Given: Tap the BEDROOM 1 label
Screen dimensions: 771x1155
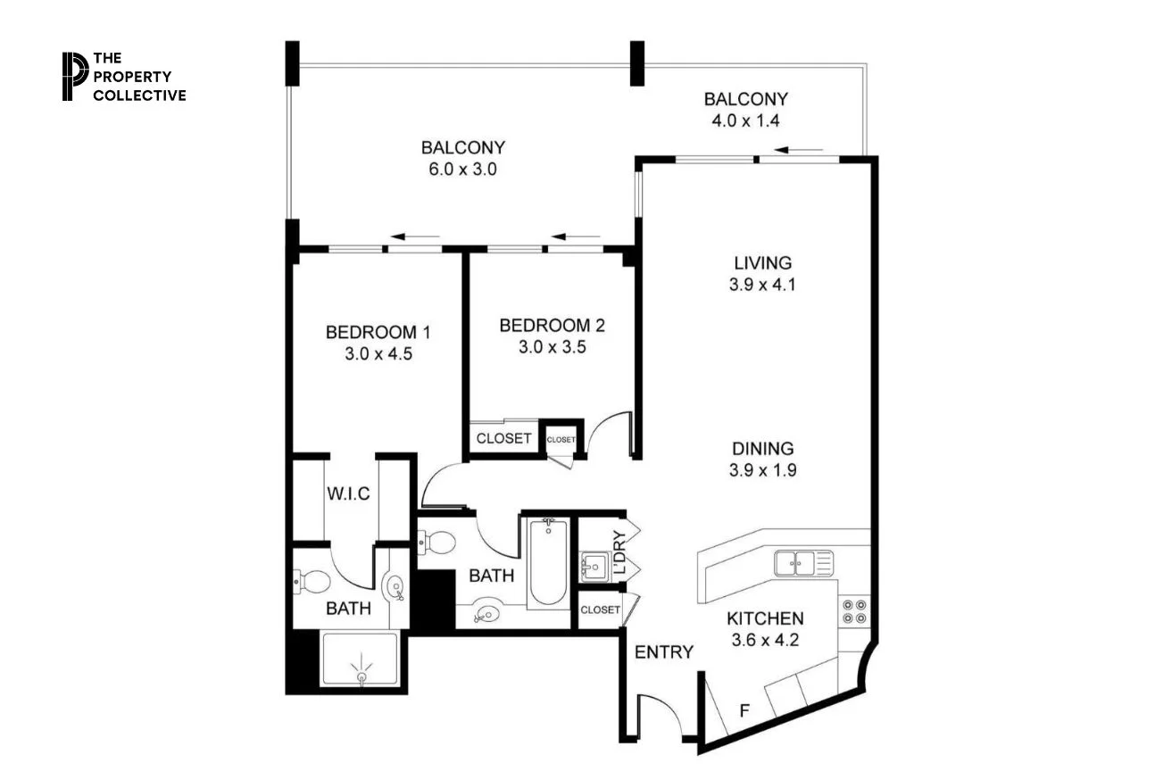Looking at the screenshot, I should point(378,333).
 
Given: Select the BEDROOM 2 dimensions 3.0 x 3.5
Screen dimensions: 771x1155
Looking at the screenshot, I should point(552,346).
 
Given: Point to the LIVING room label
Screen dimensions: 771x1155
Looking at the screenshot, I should point(761,263).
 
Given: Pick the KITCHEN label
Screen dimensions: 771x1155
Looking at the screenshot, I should point(764,618).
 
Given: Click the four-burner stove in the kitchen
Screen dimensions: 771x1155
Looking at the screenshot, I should point(853,611).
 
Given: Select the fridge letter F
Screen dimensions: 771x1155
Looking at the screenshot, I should point(744,711).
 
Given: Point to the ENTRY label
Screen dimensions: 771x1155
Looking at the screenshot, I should point(663,652).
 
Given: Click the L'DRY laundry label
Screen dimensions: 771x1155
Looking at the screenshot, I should point(619,553).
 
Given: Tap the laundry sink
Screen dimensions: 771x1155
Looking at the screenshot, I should point(594,566).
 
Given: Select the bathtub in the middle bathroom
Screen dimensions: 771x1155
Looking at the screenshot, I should point(547,562).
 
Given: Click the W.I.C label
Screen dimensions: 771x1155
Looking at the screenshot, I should point(348,493).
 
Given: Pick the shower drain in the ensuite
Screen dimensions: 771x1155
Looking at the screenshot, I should point(361,677).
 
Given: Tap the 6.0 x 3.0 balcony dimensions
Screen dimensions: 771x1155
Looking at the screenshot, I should point(463,169).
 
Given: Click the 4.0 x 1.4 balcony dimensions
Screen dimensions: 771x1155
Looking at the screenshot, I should point(745,120).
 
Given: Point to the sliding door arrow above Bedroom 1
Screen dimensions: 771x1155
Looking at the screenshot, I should point(416,237).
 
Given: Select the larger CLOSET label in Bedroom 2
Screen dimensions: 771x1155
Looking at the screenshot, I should point(503,438).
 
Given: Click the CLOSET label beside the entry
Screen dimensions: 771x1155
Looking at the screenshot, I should point(599,610).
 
